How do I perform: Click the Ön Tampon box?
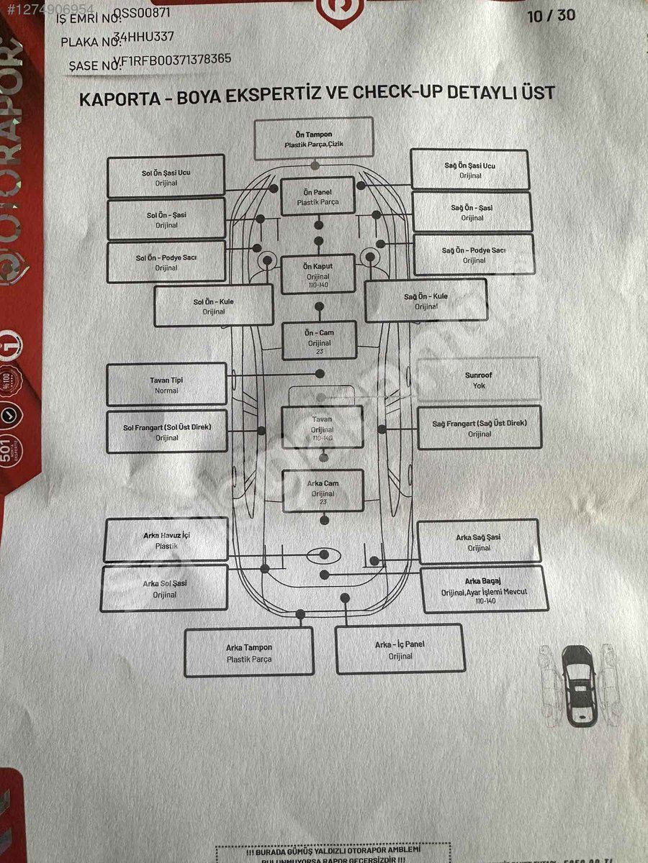pos(314,138)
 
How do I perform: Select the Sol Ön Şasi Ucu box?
pos(166,177)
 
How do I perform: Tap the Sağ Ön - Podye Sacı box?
pos(473,255)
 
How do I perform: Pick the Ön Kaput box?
pos(318,274)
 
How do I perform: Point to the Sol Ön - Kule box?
pos(214,306)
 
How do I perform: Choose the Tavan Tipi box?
pos(166,384)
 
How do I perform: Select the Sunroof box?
pos(478,379)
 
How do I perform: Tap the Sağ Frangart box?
pos(479,428)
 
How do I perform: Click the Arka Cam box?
pos(322,491)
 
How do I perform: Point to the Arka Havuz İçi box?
pos(166,540)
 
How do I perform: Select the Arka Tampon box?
pos(249,652)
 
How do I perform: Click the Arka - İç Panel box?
pos(400,649)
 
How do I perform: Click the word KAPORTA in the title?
pos(115,98)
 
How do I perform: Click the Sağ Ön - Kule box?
pos(426,300)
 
